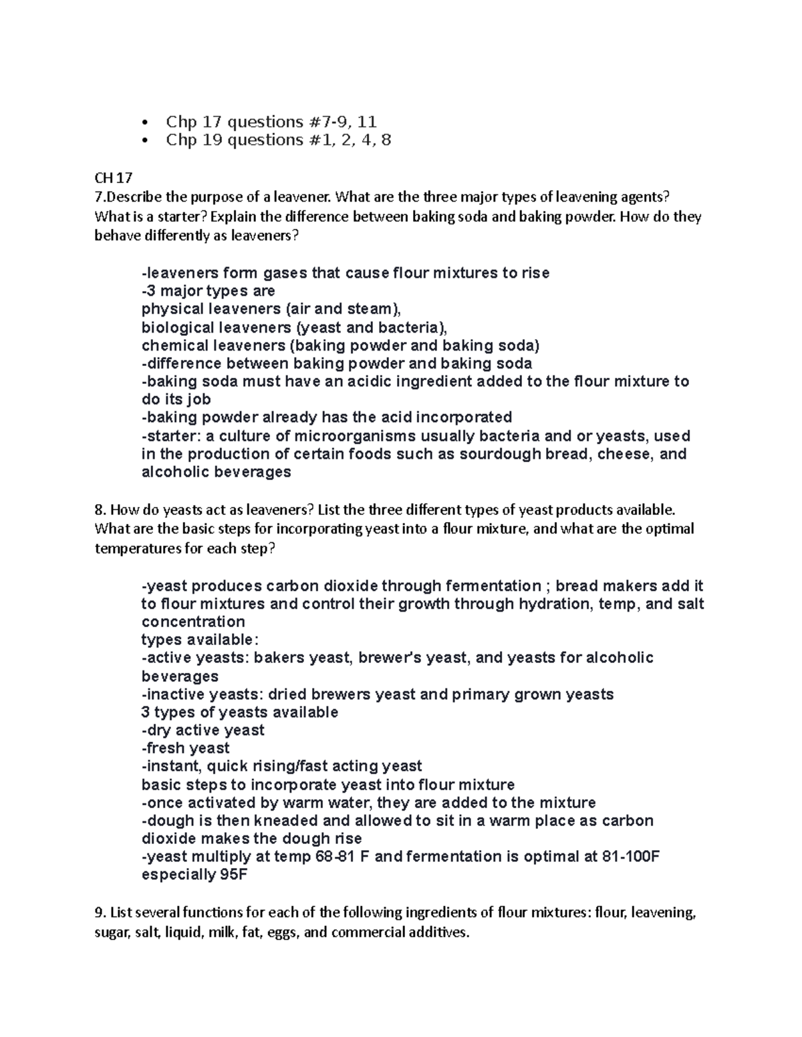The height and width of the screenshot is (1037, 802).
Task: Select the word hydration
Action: [559, 604]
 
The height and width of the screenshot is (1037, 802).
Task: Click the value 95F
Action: [233, 875]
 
